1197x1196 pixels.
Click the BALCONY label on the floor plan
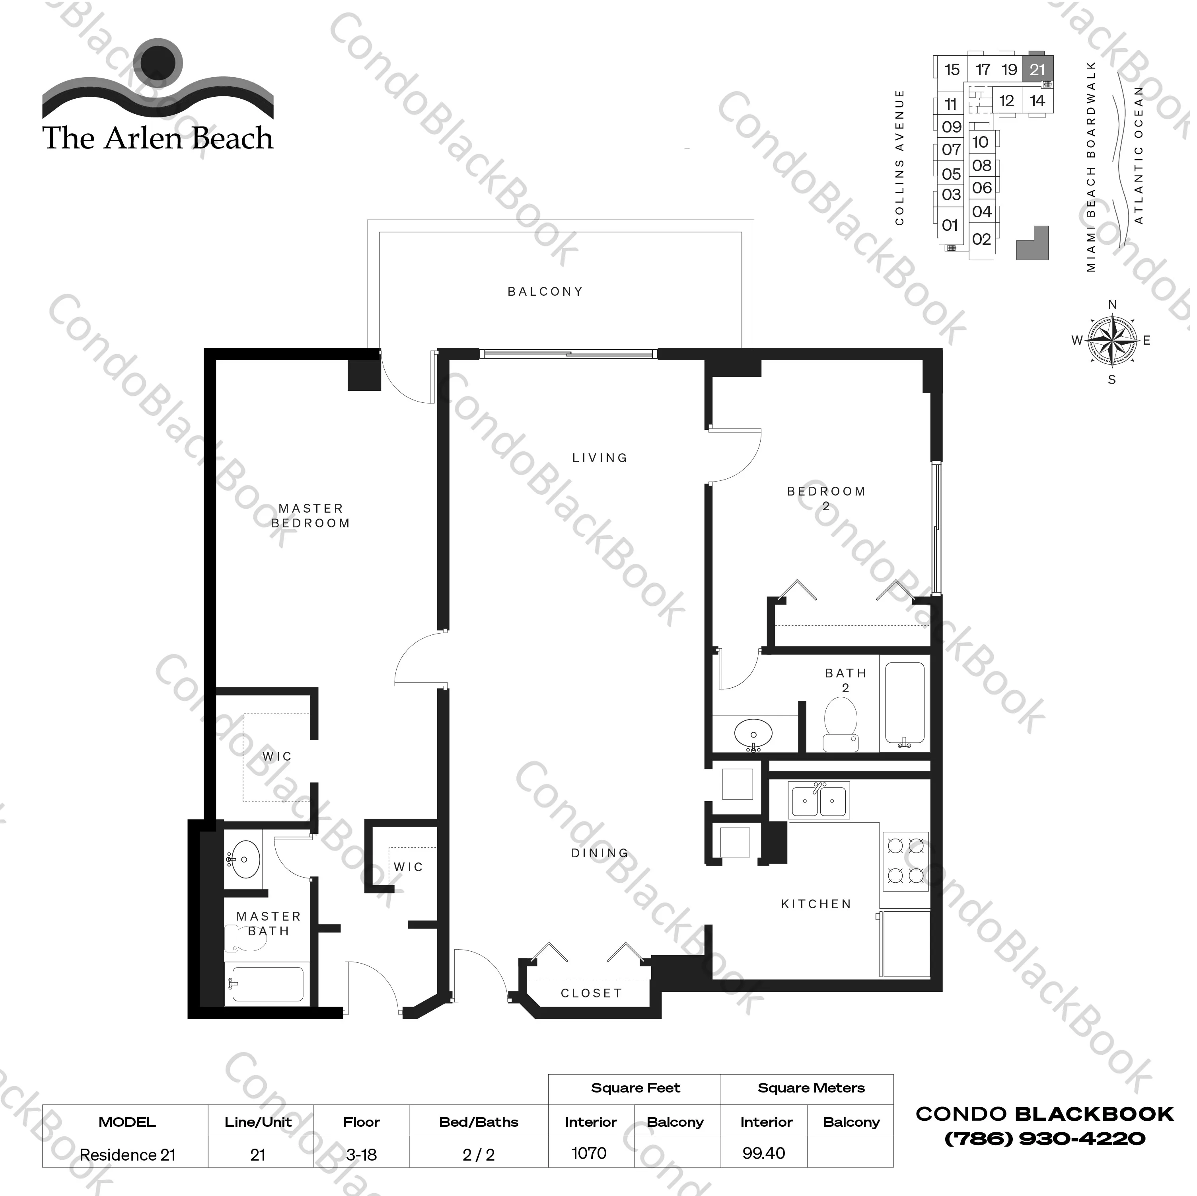[x=545, y=291]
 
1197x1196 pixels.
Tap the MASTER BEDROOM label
[x=311, y=516]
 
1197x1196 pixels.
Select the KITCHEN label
[x=817, y=904]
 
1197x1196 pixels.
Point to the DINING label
[x=600, y=853]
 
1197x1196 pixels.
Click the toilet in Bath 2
[x=841, y=724]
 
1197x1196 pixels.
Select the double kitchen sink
[x=818, y=800]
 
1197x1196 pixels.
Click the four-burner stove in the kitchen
[x=905, y=861]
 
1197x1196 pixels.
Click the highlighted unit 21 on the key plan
[x=1037, y=69]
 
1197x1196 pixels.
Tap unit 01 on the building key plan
[x=950, y=225]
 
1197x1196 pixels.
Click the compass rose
[x=1113, y=340]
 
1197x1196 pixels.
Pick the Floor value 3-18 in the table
[x=361, y=1155]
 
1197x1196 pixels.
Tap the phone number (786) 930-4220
[x=1045, y=1138]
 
